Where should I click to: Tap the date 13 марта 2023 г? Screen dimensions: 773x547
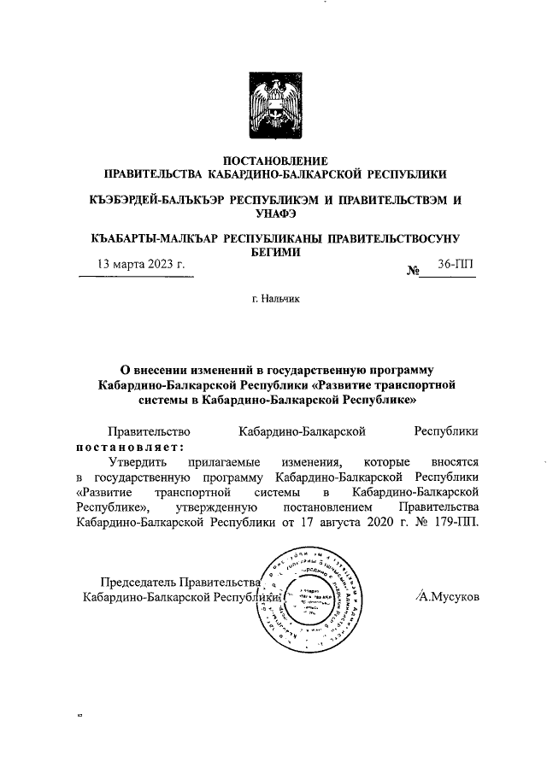141,264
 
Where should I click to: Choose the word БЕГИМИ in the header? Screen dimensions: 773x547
274,253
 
